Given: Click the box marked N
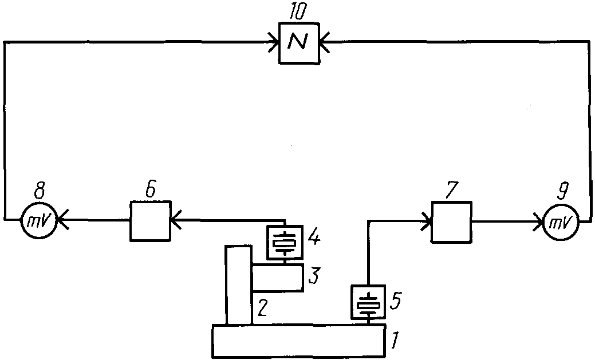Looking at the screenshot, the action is (300, 43).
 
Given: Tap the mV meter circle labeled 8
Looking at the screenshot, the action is (38, 220).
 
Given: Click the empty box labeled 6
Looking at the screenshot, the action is (150, 221).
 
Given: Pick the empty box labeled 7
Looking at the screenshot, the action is (452, 222).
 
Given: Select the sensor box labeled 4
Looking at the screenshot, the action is (285, 243).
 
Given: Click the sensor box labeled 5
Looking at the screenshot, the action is (369, 302).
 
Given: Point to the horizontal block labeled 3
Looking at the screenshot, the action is (278, 278).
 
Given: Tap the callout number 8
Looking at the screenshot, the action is (39, 192).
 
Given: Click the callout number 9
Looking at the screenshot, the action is (563, 192).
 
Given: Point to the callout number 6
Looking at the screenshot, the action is (151, 190).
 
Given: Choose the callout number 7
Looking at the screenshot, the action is (452, 190).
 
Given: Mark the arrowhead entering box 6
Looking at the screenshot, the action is (176, 220).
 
